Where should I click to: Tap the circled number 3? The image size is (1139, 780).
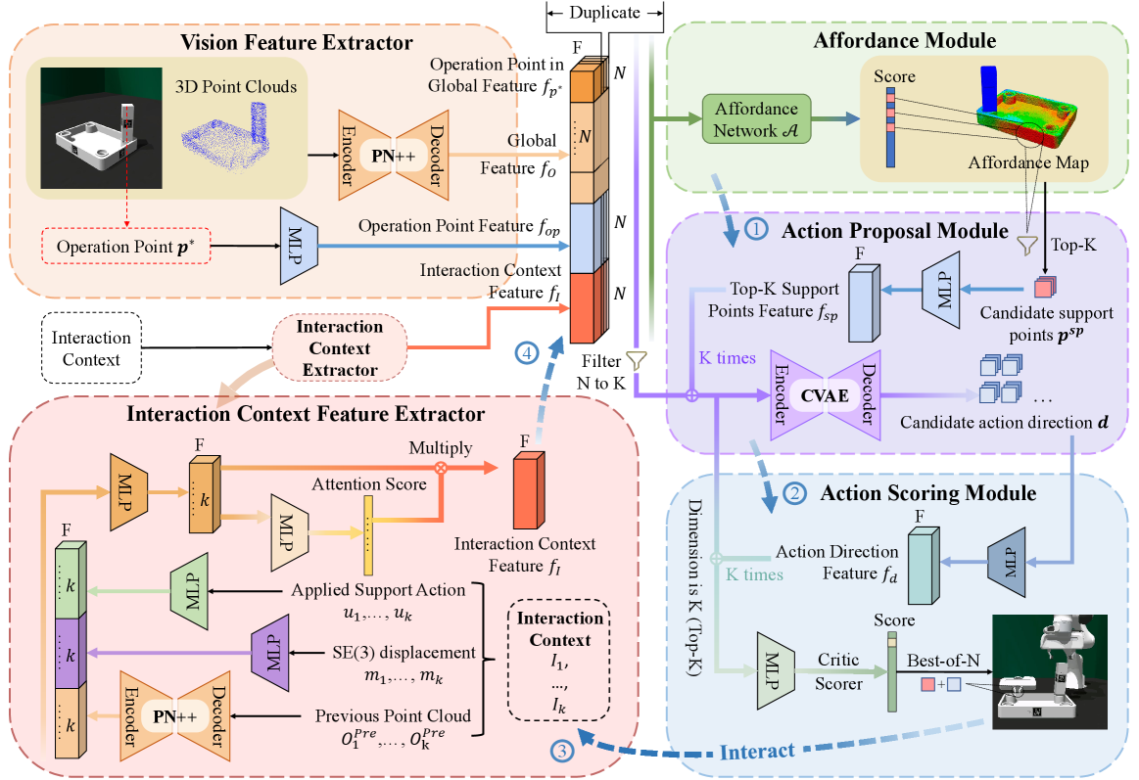tap(561, 752)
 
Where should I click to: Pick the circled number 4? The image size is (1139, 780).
tap(522, 354)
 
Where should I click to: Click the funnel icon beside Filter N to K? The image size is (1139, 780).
tap(637, 361)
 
